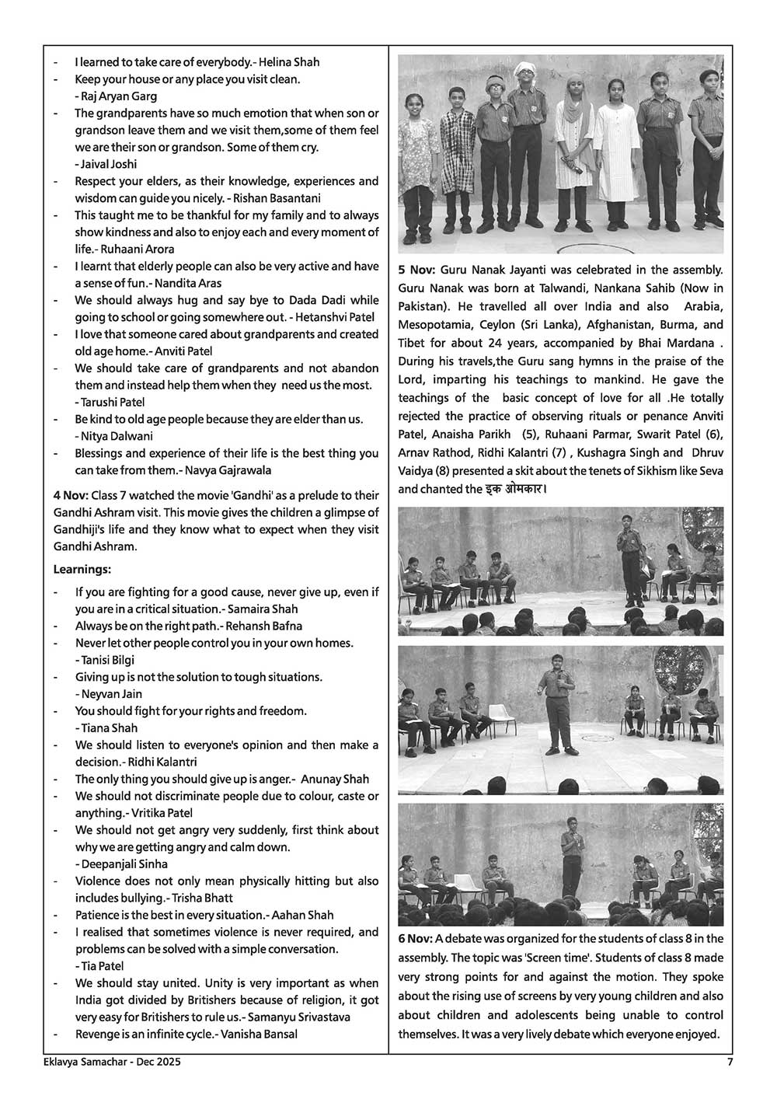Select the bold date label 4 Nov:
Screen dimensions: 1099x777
[x=71, y=496]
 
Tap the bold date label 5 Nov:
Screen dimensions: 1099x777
[x=416, y=270]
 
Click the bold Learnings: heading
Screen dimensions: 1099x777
[x=82, y=570]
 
